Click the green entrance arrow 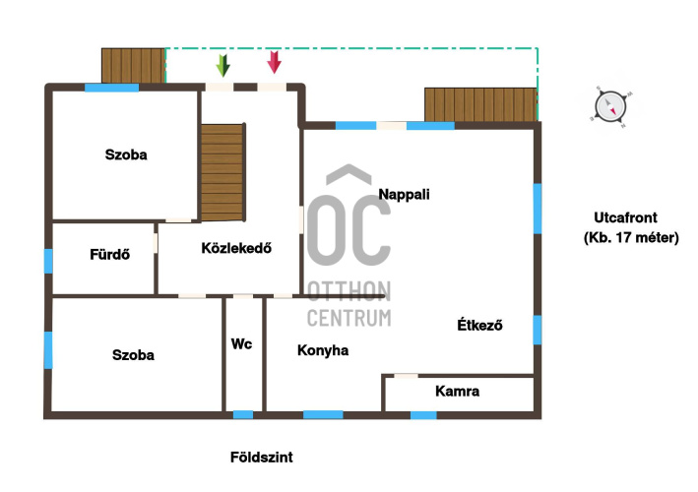coord(223,65)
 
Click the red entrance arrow coord(275,62)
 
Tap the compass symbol coord(610,106)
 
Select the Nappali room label coord(404,195)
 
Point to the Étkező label coord(479,325)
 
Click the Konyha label coord(323,350)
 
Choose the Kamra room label coord(457,392)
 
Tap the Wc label coord(241,343)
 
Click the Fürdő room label coord(109,254)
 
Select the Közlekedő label coord(236,247)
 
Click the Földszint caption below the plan coord(261,458)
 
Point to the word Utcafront coord(625,217)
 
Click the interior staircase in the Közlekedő coord(222,172)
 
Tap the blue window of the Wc coord(243,414)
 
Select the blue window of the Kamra coord(423,415)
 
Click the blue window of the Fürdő coord(48,261)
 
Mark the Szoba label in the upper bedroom coord(126,154)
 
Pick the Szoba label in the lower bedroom coord(133,355)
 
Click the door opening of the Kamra coord(406,376)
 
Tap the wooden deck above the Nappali coord(480,104)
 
